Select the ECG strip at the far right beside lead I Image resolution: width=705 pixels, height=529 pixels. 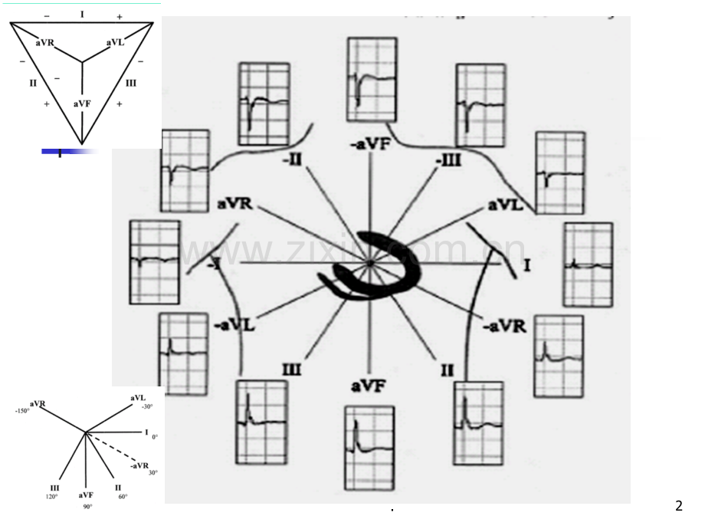coord(588,264)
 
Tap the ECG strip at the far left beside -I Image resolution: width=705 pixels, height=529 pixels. coord(156,261)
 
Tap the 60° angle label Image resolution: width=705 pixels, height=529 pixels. coord(122,496)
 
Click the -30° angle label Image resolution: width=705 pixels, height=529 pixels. coord(146,406)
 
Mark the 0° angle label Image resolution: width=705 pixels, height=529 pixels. coord(155,437)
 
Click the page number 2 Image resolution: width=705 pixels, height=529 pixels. coord(678,505)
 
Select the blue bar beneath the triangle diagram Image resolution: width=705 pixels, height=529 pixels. coord(68,151)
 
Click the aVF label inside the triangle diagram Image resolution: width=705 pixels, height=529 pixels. coord(82,103)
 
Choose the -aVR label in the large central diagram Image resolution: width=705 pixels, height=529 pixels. coord(503,327)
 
